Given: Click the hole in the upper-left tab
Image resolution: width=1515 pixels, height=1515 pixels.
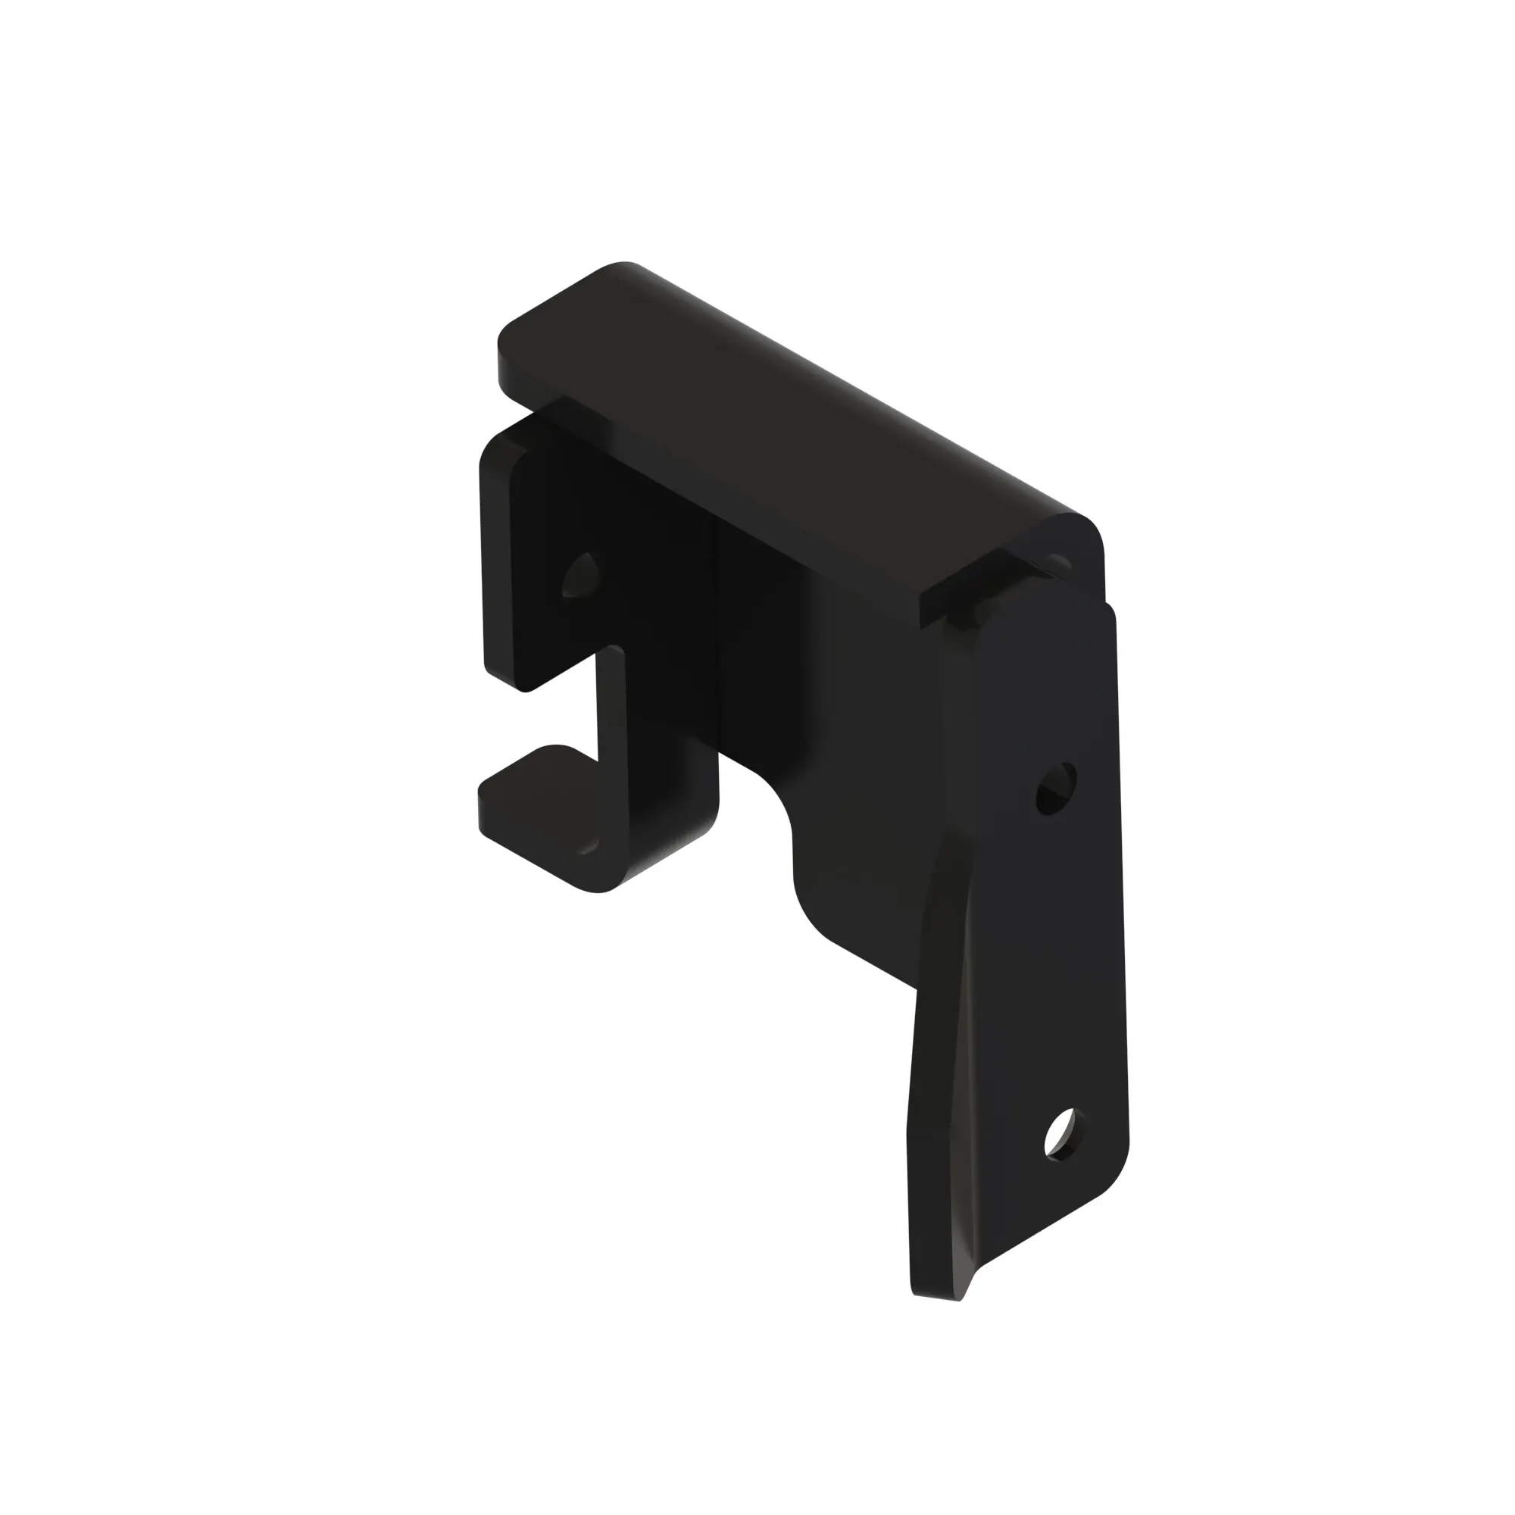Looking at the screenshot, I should click(581, 576).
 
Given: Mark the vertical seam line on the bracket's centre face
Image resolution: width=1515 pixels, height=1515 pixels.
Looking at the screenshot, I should click(714, 627).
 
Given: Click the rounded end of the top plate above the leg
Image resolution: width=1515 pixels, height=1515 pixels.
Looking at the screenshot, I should click(1078, 533).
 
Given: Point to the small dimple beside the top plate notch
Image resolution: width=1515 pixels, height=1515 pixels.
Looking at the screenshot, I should click(1060, 560).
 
